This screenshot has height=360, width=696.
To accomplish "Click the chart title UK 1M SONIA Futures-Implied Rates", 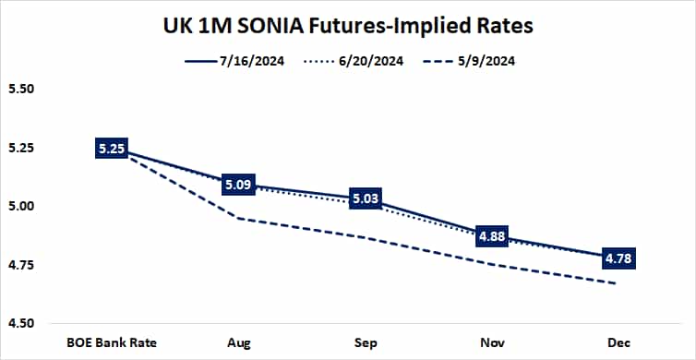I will (x=349, y=25).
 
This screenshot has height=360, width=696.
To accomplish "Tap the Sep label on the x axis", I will (x=365, y=342).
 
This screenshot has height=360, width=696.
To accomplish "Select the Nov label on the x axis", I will (x=491, y=342).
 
